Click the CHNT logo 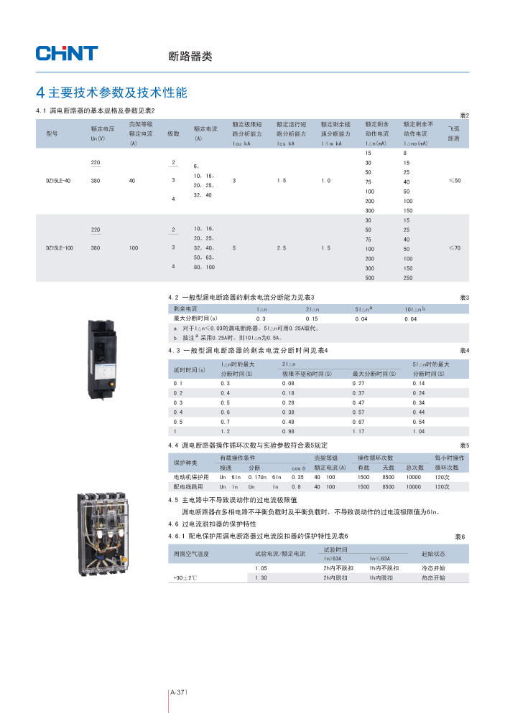67,52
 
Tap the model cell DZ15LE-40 58,181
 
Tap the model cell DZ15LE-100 60,248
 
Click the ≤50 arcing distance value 454,181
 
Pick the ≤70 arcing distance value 454,248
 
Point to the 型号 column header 52,134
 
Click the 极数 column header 173,134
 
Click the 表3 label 463,297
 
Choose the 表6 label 460,537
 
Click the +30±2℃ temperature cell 185,577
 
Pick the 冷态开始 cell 432,568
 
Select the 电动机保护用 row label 191,477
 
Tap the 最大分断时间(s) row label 195,318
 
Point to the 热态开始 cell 432,577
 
